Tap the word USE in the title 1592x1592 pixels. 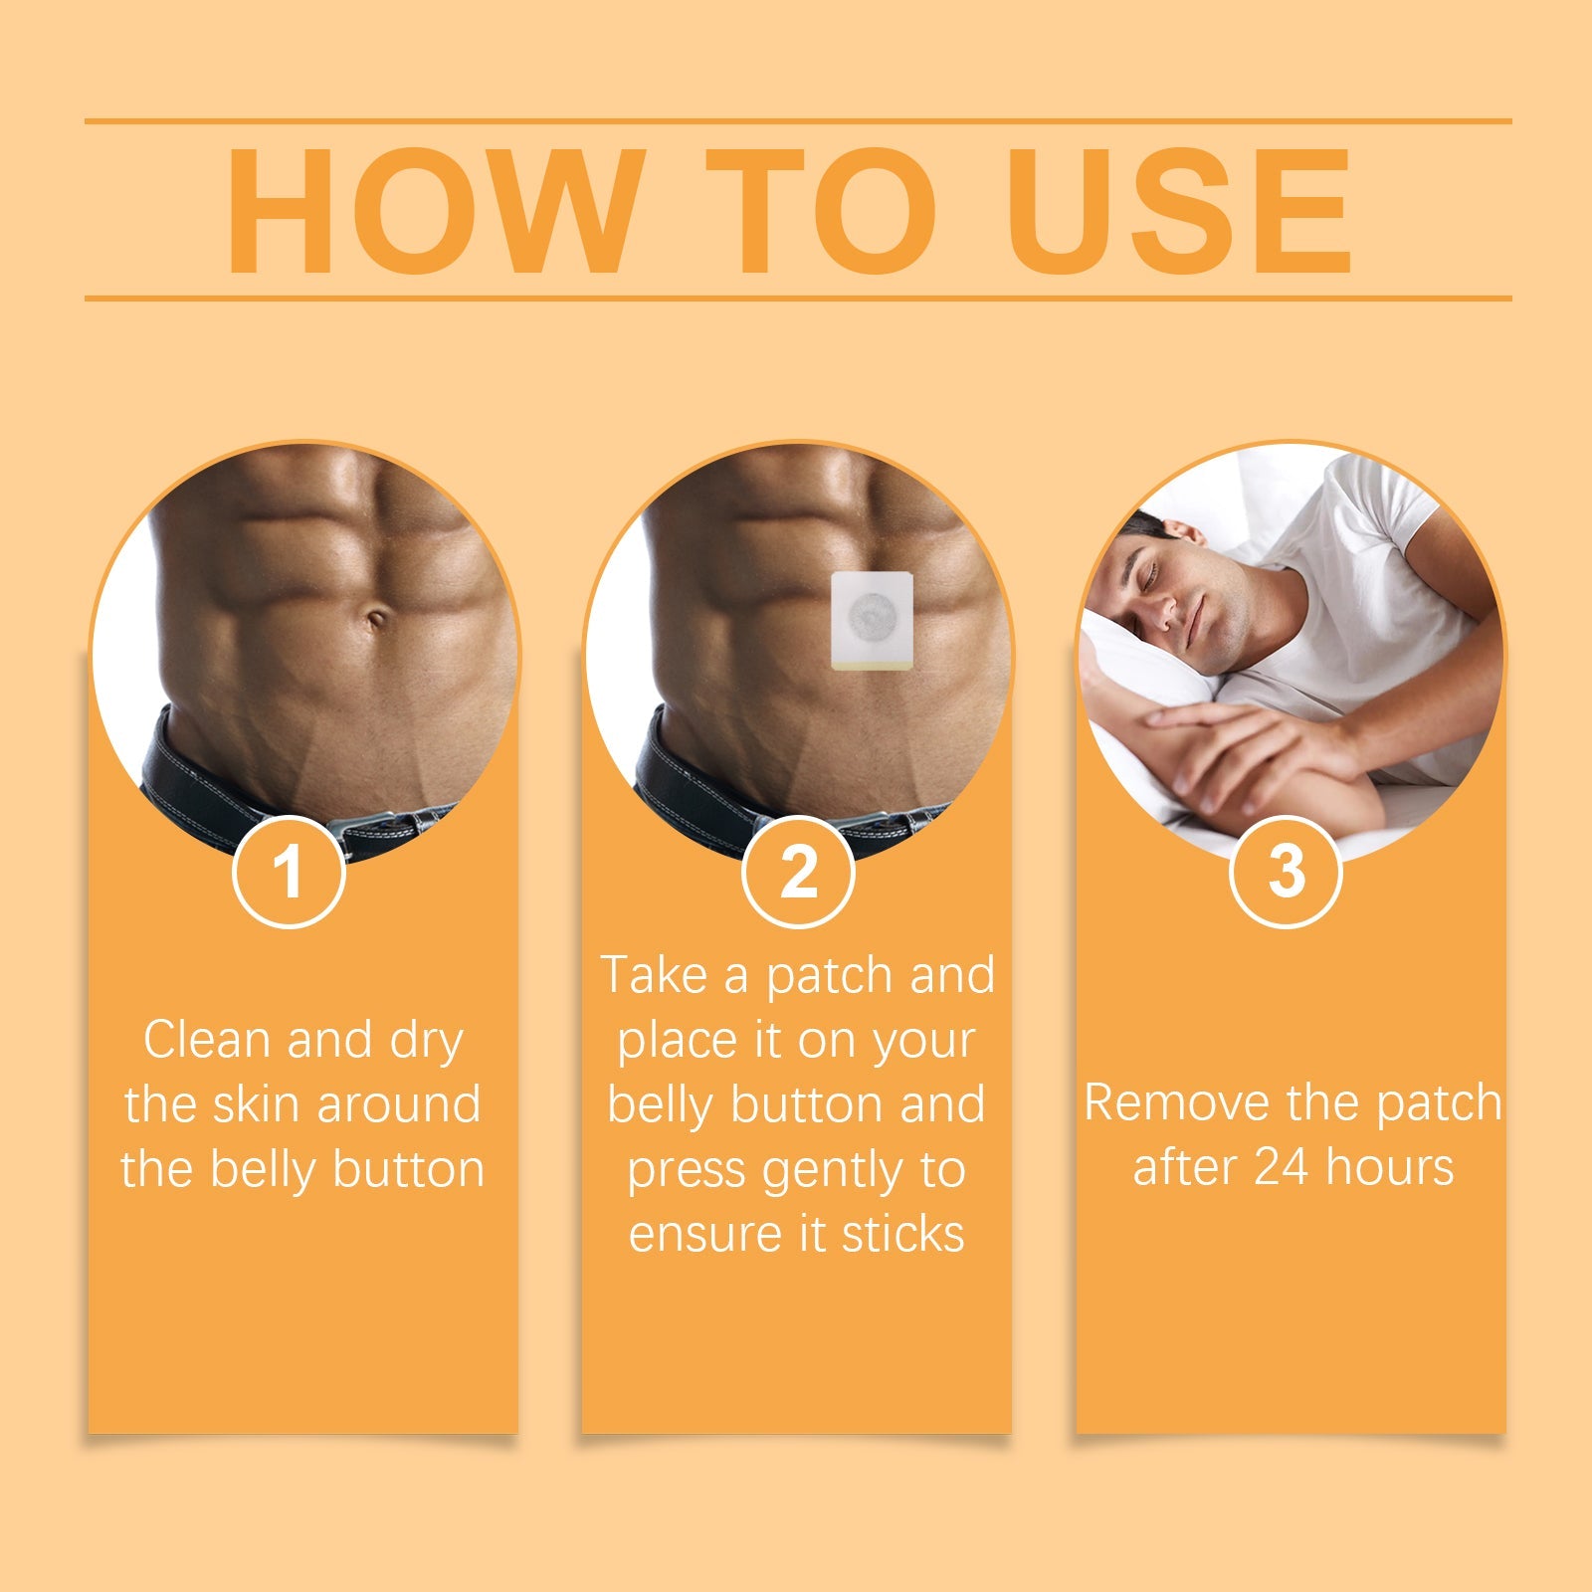[1179, 211]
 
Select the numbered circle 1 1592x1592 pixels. [289, 872]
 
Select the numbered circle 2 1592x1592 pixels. [798, 872]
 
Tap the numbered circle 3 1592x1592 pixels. [1286, 872]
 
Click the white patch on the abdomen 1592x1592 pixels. [873, 619]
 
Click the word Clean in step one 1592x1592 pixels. [207, 1040]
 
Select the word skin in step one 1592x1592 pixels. [257, 1104]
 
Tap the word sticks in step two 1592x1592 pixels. [902, 1235]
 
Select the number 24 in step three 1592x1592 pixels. [1281, 1167]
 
